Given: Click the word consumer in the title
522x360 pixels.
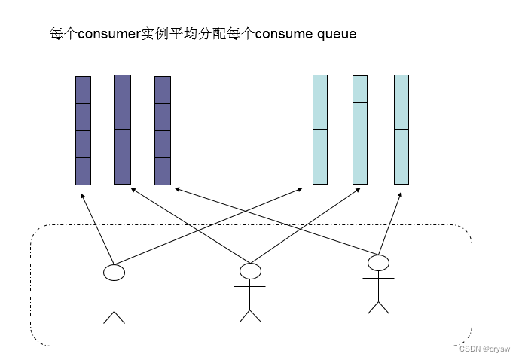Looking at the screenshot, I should (x=108, y=34).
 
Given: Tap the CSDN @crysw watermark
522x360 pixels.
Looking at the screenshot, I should (x=484, y=349).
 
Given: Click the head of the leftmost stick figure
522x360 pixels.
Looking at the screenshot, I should (x=113, y=272).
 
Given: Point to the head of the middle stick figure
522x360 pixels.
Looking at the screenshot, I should (x=250, y=270).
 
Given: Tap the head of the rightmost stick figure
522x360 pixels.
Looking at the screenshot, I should (x=378, y=263).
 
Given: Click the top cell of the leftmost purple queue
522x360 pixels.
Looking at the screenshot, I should (x=83, y=90).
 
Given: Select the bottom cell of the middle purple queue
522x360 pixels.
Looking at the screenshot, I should (x=123, y=170).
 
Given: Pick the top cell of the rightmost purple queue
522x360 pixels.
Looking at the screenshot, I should (x=163, y=90).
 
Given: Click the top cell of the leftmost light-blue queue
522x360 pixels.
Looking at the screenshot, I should (x=320, y=88).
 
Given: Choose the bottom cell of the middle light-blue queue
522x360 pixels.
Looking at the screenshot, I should (x=360, y=170).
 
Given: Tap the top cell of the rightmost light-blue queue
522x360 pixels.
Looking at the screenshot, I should (x=401, y=88).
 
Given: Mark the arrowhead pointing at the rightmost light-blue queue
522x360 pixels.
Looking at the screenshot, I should (x=400, y=193).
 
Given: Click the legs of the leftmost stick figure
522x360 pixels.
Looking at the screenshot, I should (x=114, y=314).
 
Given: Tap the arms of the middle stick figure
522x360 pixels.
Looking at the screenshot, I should (x=249, y=286).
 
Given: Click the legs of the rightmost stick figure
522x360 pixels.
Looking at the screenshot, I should (x=378, y=306).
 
